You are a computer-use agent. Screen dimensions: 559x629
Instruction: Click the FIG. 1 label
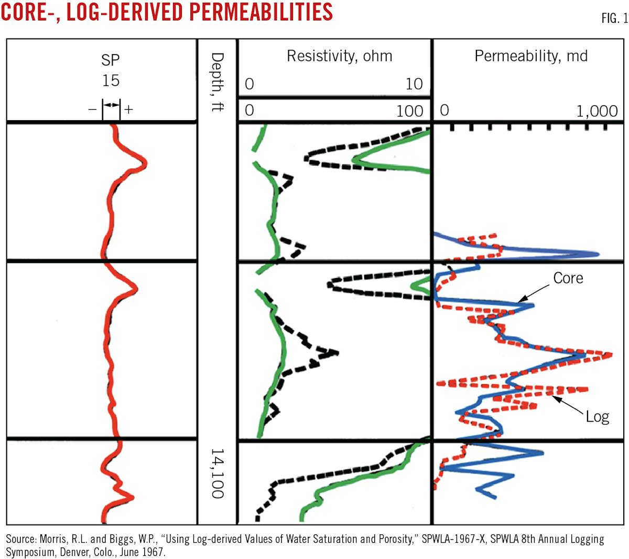click(614, 18)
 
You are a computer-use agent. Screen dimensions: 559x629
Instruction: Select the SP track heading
click(111, 60)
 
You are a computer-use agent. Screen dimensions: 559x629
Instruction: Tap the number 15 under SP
click(111, 80)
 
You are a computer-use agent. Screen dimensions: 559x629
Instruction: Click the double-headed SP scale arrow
click(111, 106)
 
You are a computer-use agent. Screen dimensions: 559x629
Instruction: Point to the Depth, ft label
click(217, 81)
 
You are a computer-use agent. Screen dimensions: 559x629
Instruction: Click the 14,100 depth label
click(217, 473)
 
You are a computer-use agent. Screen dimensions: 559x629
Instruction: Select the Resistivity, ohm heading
click(339, 56)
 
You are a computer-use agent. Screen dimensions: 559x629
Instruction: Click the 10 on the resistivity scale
click(414, 84)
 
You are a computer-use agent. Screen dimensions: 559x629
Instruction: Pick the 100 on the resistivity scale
click(409, 110)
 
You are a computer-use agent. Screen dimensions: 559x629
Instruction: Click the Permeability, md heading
click(530, 56)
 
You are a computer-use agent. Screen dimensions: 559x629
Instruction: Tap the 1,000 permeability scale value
click(597, 111)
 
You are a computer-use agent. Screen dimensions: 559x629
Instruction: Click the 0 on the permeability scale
click(444, 110)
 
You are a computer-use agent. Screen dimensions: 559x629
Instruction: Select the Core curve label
click(568, 278)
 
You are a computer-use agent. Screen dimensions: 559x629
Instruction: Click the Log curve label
click(597, 417)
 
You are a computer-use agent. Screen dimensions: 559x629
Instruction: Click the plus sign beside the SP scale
click(128, 110)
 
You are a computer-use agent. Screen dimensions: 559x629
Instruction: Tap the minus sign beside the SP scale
click(93, 110)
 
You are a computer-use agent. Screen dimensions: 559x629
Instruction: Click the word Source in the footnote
click(20, 540)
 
